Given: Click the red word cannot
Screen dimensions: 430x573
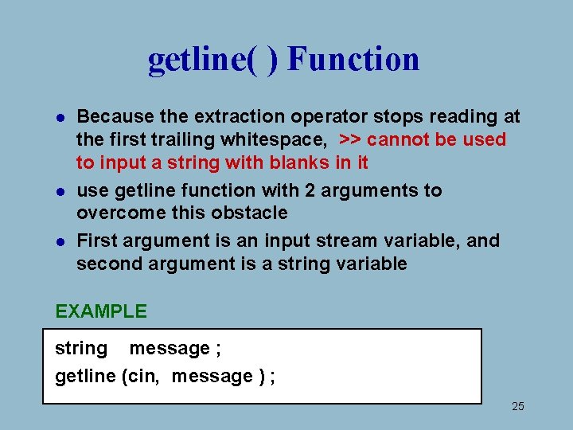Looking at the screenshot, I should pyautogui.click(x=397, y=139).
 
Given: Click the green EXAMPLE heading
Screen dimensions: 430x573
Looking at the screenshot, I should pyautogui.click(x=101, y=311).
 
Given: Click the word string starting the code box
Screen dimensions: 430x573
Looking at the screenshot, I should pyautogui.click(x=80, y=349).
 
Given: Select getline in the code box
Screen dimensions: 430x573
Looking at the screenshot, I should pyautogui.click(x=85, y=376).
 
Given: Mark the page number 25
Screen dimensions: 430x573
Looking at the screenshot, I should pyautogui.click(x=517, y=407).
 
